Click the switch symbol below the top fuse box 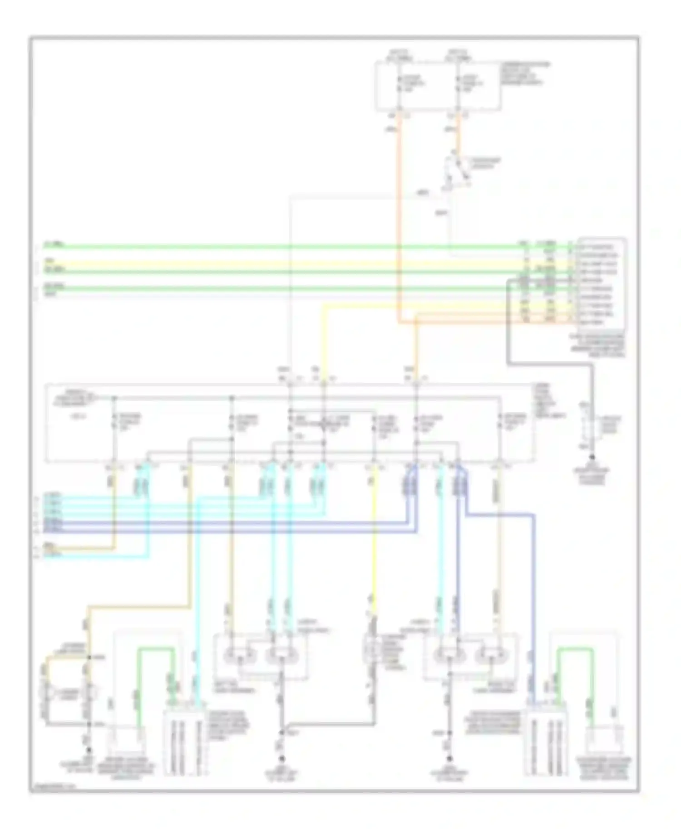(x=456, y=175)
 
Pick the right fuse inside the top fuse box (x=459, y=84)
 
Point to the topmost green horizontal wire (x=272, y=247)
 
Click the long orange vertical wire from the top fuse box (x=400, y=218)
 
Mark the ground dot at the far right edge (x=592, y=458)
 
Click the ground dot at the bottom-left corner (x=89, y=751)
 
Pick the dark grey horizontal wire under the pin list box (x=549, y=363)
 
